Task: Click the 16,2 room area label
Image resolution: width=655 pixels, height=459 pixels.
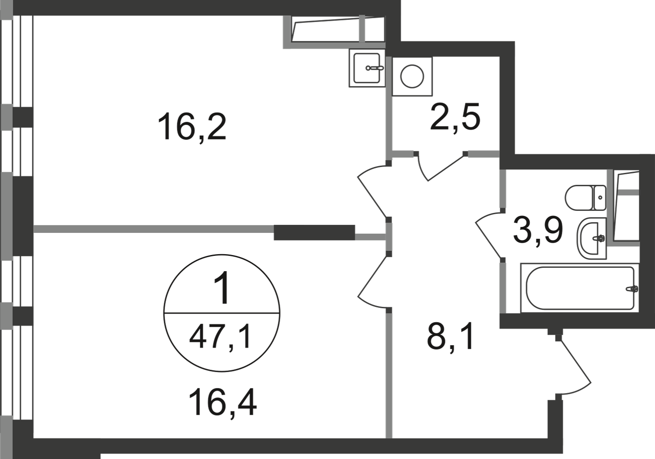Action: [192, 127]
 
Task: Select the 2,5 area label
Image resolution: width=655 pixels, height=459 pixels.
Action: [455, 117]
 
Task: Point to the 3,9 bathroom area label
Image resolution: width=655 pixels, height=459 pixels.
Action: [538, 231]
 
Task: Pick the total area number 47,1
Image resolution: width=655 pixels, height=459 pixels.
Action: [220, 338]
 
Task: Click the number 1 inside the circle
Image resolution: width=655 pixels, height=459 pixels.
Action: [222, 287]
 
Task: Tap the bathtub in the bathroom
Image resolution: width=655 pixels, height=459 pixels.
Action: [580, 288]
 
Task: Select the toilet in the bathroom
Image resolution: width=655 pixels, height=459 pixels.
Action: [585, 198]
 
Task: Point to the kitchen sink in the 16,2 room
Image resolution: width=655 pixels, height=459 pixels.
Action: [367, 68]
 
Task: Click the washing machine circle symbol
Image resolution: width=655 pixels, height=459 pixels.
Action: [412, 76]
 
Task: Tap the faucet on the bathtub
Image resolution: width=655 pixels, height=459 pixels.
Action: [632, 289]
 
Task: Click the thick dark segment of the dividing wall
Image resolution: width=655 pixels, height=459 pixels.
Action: [314, 232]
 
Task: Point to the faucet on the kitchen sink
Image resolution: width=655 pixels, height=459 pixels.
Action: [375, 68]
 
